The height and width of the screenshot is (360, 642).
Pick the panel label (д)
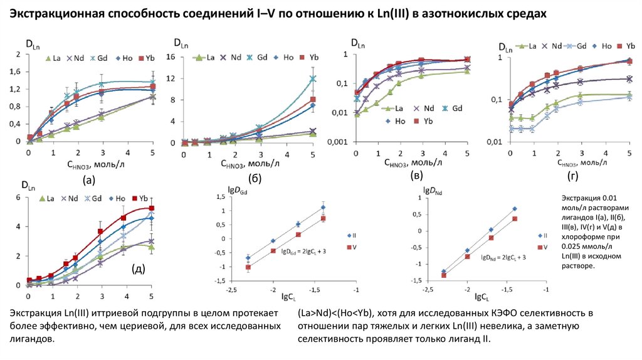[x=139, y=270]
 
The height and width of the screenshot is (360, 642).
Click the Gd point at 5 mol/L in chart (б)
[x=312, y=79]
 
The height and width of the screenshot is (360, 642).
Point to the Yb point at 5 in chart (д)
[x=151, y=208]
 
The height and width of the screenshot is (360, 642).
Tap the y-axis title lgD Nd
[x=432, y=190]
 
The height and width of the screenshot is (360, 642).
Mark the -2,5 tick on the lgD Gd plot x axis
[x=231, y=290]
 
